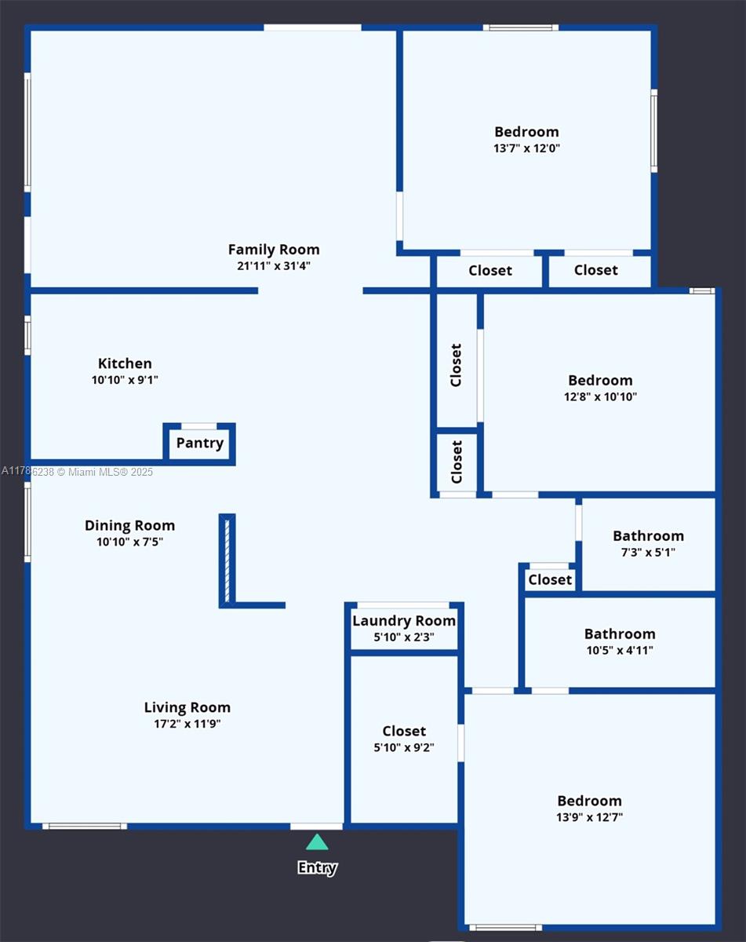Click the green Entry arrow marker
[x=317, y=842]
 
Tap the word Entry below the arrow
[x=317, y=867]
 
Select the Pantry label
[x=199, y=443]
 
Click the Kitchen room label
[x=125, y=363]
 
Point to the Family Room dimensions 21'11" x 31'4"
[x=274, y=266]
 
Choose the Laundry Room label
[x=404, y=621]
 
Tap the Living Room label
[x=187, y=707]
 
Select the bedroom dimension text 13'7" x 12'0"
[x=526, y=148]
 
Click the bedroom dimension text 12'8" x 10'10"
[x=600, y=397]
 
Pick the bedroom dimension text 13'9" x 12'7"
[x=589, y=817]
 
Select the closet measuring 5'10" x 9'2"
[x=404, y=739]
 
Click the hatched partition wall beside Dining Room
[x=227, y=560]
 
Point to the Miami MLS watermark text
[x=77, y=472]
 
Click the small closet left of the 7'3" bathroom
[x=550, y=579]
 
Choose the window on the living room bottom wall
[x=84, y=826]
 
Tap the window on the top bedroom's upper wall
[x=520, y=27]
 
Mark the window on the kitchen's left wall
[x=27, y=335]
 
